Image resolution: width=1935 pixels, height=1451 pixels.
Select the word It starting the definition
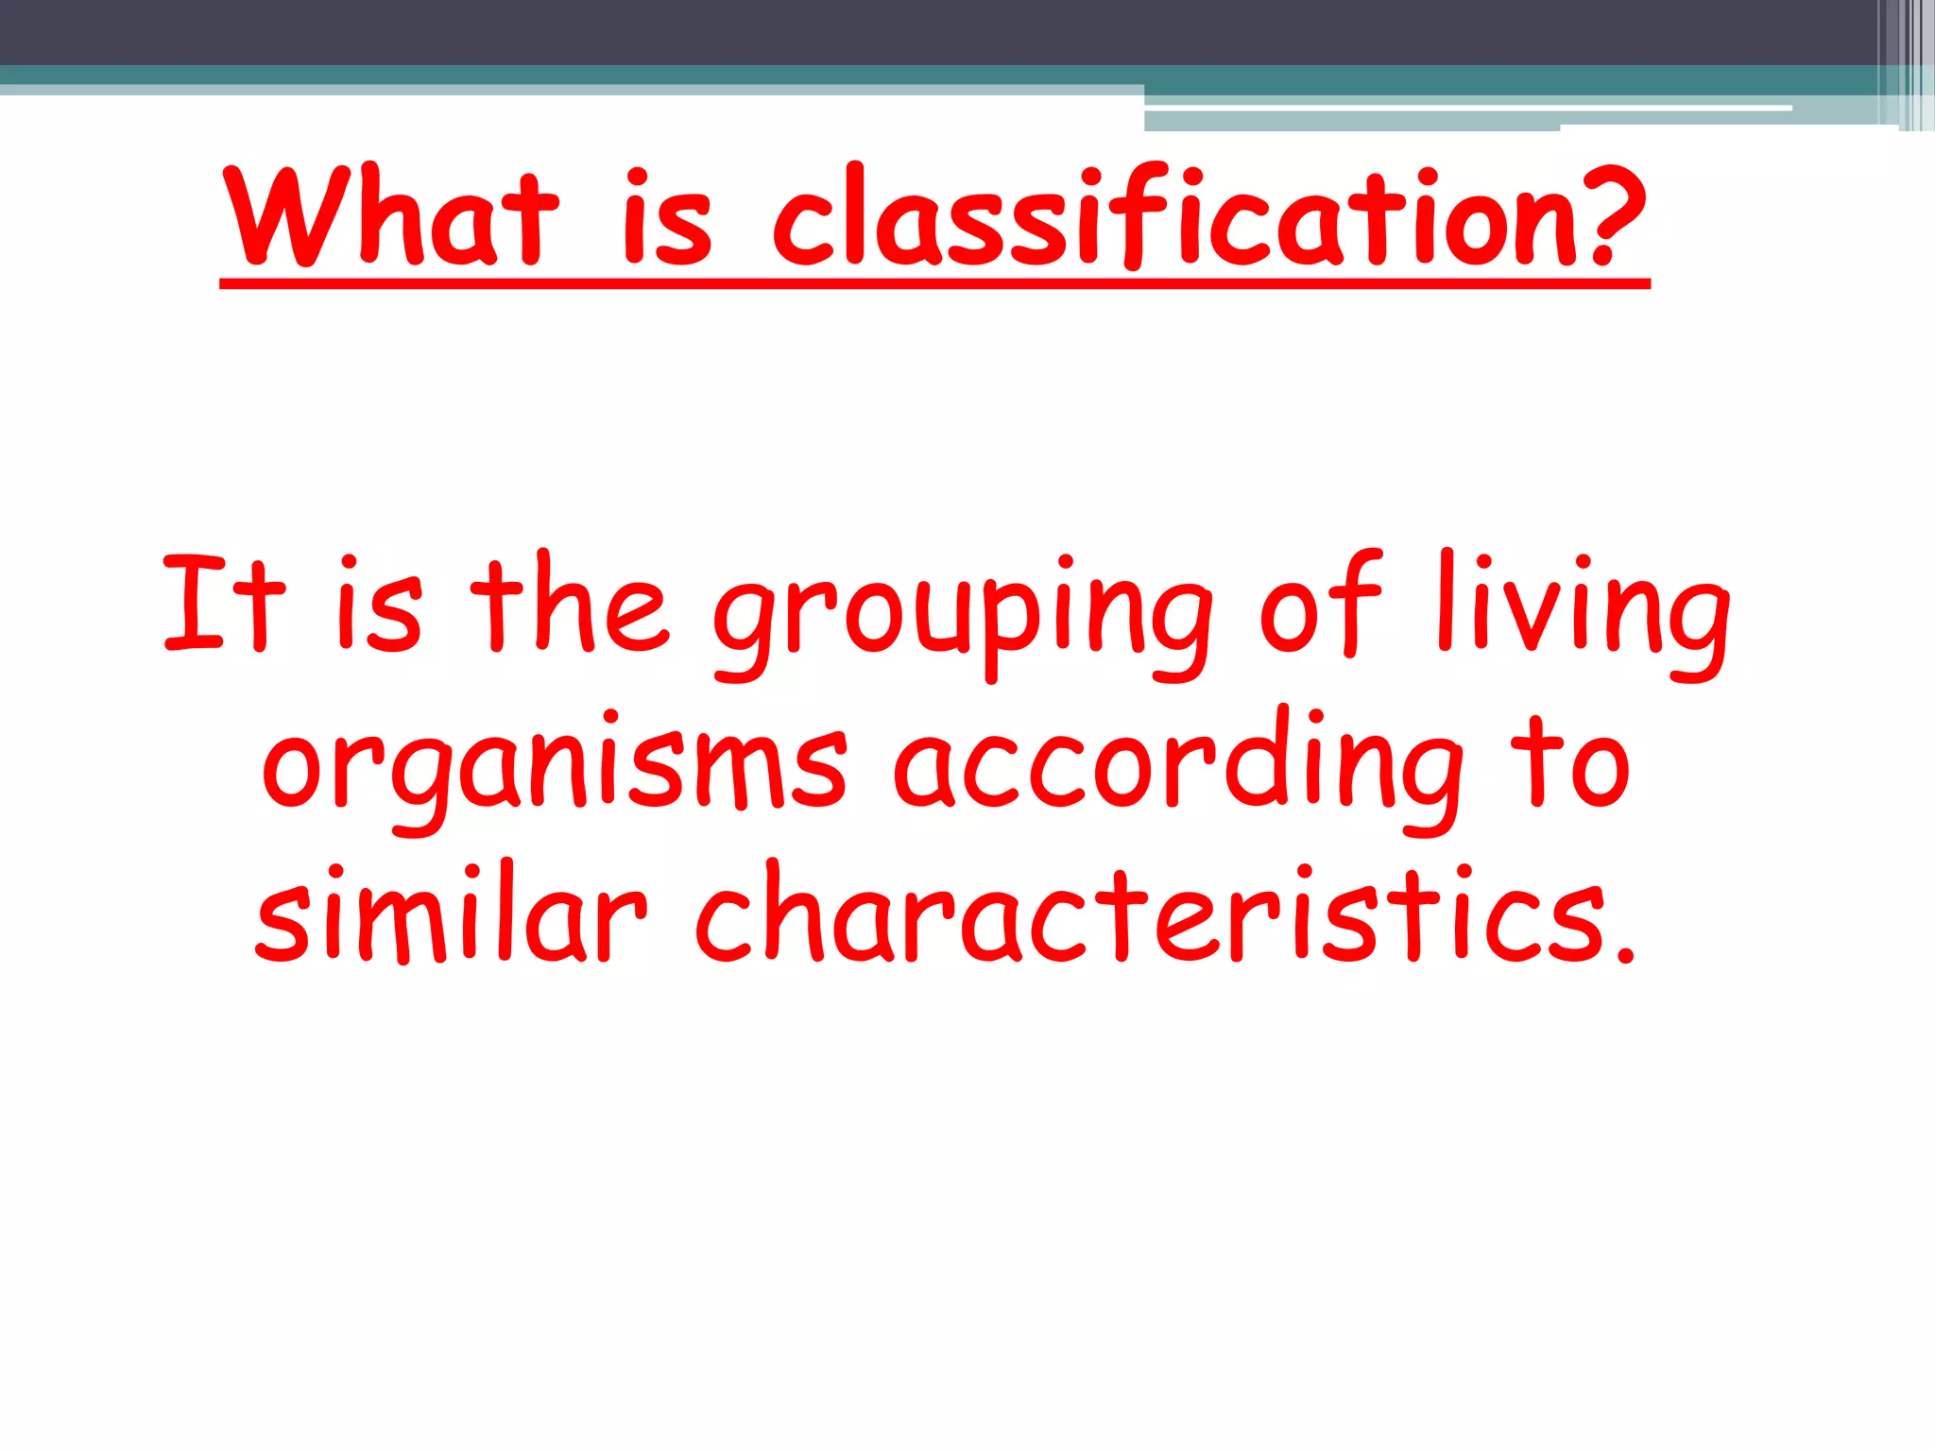pyautogui.click(x=223, y=605)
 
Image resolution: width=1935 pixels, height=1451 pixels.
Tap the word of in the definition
pyautogui.click(x=1320, y=605)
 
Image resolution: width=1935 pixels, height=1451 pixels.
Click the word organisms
pyautogui.click(x=555, y=770)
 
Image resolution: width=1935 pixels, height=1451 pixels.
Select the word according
pyautogui.click(x=1176, y=770)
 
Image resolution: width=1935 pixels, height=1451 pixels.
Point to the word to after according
pyautogui.click(x=1569, y=763)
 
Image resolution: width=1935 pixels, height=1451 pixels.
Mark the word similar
pyautogui.click(x=452, y=914)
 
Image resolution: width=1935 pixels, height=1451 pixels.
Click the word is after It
pyautogui.click(x=379, y=605)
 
